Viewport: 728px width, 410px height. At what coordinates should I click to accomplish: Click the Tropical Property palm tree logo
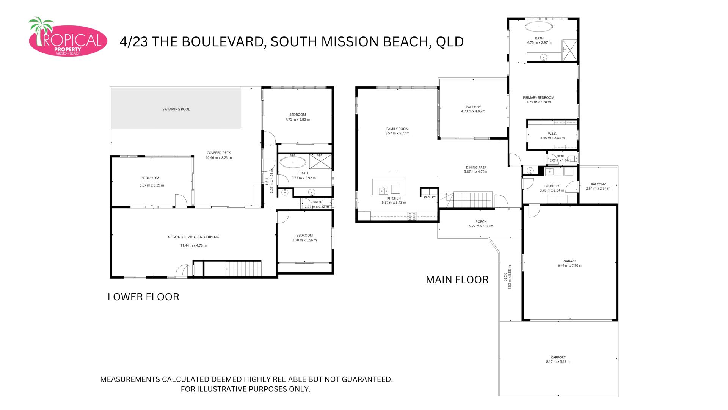(x=67, y=37)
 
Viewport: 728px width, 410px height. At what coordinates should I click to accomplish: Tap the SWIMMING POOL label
(x=176, y=109)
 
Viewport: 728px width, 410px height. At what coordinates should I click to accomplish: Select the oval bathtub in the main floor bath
(x=539, y=27)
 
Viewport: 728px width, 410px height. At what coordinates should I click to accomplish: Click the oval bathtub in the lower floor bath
(x=293, y=162)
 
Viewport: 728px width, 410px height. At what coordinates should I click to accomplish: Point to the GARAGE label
(x=570, y=261)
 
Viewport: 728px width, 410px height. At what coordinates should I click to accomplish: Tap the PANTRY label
(x=430, y=197)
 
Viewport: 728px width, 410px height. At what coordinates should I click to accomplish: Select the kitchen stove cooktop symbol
(x=412, y=216)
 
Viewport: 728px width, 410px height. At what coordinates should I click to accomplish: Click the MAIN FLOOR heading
(x=457, y=280)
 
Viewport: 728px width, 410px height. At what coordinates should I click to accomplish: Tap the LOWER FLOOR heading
(x=143, y=297)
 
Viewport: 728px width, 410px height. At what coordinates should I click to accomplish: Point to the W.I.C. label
(x=552, y=134)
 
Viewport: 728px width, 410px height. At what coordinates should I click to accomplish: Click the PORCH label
(x=481, y=222)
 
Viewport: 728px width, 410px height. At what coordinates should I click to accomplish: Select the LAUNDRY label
(x=552, y=186)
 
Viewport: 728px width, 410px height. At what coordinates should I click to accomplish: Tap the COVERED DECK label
(x=218, y=153)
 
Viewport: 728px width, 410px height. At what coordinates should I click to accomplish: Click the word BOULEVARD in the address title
(x=223, y=42)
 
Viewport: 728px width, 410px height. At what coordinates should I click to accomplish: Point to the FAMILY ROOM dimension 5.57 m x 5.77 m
(x=397, y=134)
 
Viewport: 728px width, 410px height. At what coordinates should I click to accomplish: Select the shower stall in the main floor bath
(x=570, y=51)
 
